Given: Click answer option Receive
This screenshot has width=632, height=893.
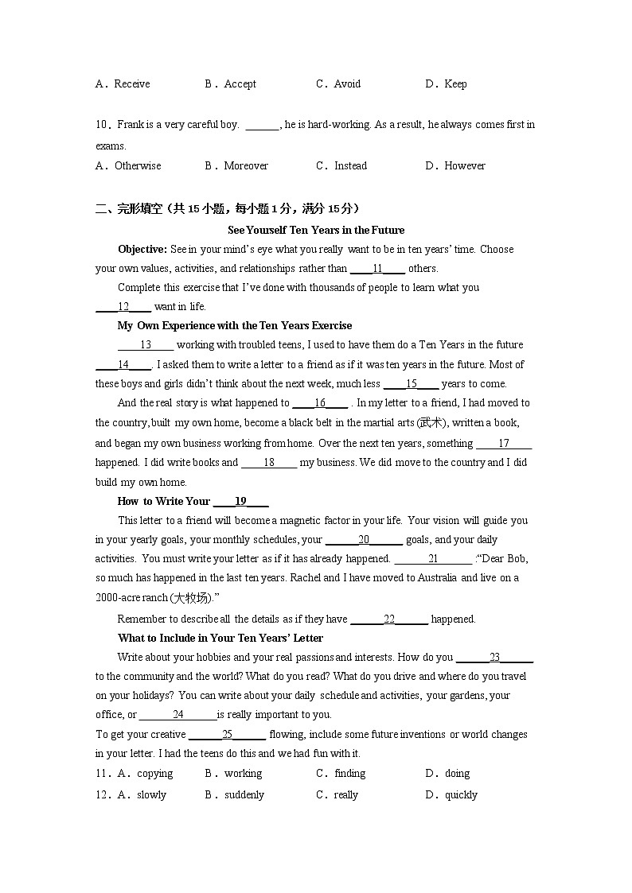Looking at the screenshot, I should (131, 83).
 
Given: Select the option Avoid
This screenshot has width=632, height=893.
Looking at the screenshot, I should (347, 83).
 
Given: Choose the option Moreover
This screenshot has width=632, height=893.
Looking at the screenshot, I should (246, 165).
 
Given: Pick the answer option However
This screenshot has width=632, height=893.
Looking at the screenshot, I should (465, 165).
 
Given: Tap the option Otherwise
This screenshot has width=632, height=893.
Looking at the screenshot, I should (138, 165).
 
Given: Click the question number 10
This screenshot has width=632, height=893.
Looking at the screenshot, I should (101, 124).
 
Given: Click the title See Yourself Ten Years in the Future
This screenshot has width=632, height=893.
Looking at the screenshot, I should (316, 230).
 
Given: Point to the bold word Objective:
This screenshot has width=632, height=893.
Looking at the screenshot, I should (142, 249).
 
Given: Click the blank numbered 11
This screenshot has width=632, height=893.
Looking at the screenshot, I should (377, 269).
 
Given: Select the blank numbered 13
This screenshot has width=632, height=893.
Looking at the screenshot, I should (146, 344).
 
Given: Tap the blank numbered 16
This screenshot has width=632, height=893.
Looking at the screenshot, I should (320, 403).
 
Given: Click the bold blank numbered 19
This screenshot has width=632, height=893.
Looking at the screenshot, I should (240, 501).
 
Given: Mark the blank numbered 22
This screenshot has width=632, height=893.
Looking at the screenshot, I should (389, 619).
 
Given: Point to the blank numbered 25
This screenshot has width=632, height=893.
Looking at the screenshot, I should (228, 735).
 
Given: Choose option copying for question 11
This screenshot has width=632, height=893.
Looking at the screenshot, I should (154, 773).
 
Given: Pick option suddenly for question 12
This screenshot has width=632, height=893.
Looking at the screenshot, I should (244, 794).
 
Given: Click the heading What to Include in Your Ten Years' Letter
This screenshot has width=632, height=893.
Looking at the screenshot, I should (220, 638).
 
